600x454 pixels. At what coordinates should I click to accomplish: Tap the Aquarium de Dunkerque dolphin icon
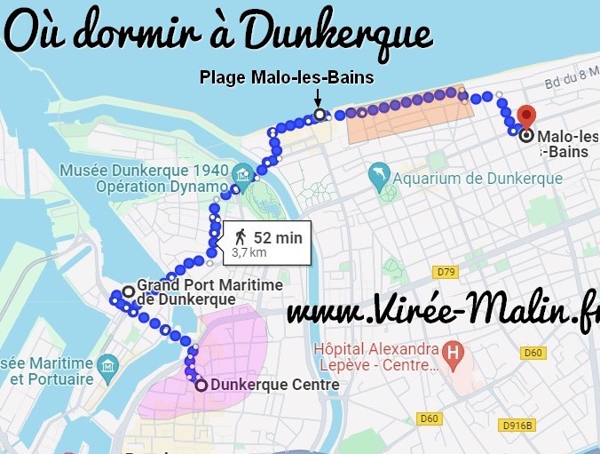(x=379, y=179)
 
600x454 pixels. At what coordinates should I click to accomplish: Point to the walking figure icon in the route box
(x=240, y=237)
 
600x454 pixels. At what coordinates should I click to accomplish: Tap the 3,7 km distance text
(x=249, y=252)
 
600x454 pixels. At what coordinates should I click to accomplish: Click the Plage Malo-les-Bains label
(x=287, y=78)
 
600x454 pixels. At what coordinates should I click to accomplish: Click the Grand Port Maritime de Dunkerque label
(x=209, y=291)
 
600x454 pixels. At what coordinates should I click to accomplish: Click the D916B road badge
(x=517, y=425)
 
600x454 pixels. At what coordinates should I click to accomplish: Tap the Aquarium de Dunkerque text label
(x=478, y=179)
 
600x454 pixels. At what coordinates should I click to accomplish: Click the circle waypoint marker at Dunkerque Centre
(x=201, y=385)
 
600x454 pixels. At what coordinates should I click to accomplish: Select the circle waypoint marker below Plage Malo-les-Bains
(x=319, y=114)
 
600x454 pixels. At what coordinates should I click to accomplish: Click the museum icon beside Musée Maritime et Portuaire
(x=108, y=363)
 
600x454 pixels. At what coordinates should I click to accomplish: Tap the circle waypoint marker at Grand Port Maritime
(x=128, y=291)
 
